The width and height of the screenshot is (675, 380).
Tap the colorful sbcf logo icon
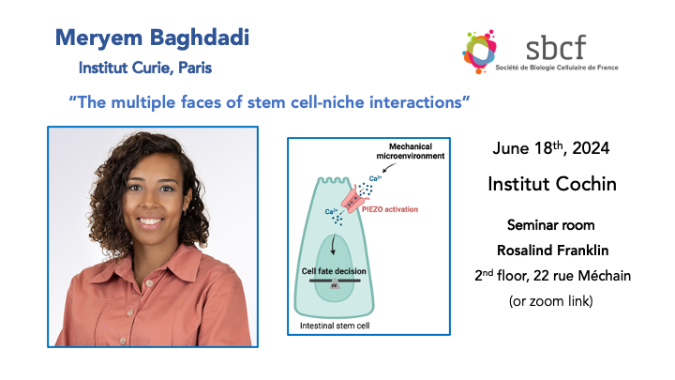pyautogui.click(x=486, y=53)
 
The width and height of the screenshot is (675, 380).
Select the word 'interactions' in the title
pyautogui.click(x=418, y=101)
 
